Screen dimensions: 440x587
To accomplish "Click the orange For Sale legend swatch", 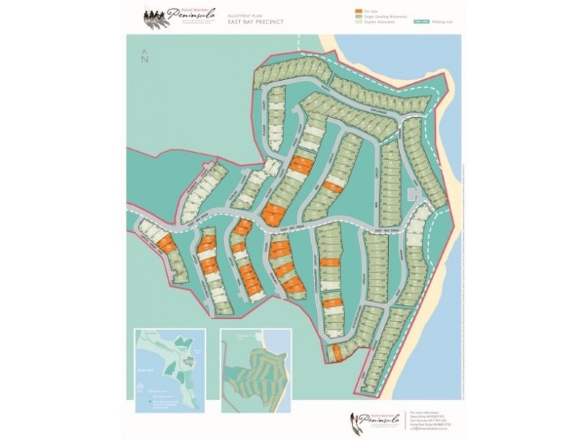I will coord(357,12).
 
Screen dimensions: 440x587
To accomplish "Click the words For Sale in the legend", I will coord(369,12).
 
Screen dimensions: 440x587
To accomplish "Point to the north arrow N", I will coord(145,58).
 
